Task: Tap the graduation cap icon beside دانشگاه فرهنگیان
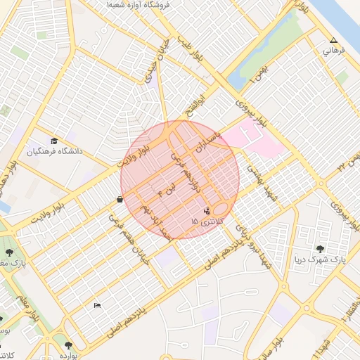[x=54, y=141]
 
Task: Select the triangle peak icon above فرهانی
[x=333, y=41]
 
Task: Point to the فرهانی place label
[x=335, y=51]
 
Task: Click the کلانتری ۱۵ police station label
[x=206, y=221]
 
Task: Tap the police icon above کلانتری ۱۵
[x=207, y=210]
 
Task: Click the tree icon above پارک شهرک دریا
[x=321, y=249]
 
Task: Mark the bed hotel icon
[x=97, y=305]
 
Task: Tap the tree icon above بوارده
[x=67, y=345]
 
